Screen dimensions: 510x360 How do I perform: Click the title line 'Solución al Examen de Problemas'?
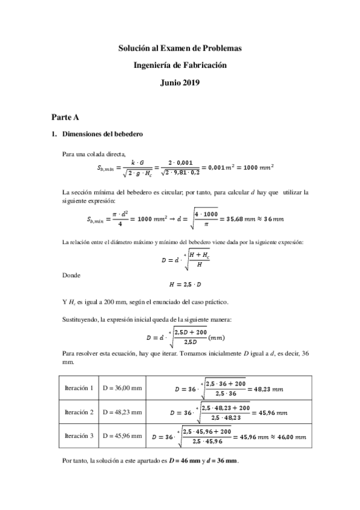coord(180,48)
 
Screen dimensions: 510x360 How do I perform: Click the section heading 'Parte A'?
coord(64,116)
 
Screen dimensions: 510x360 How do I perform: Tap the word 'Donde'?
coord(72,275)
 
